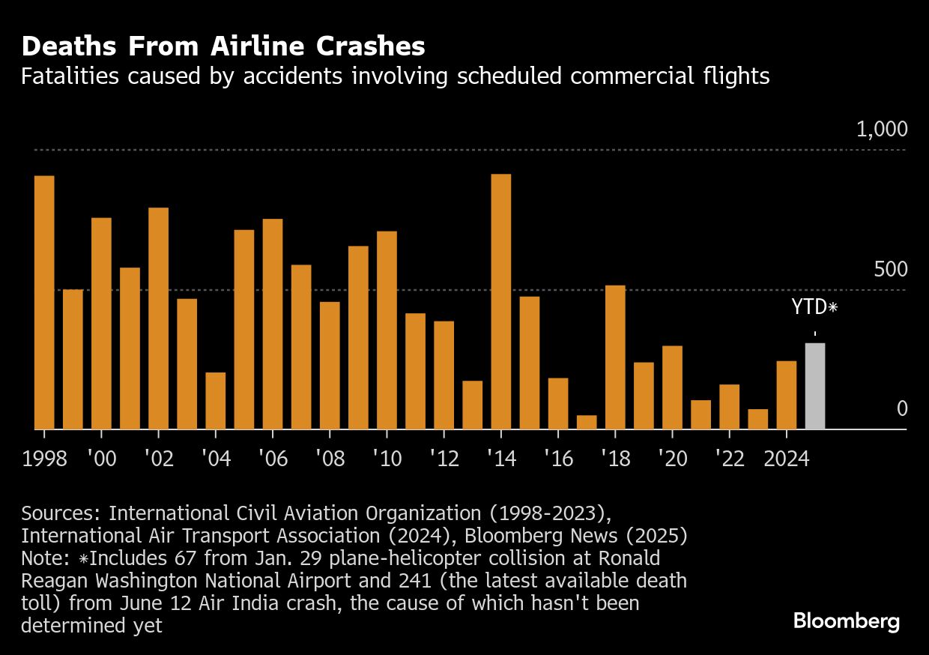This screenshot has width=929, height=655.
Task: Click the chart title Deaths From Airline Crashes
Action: pos(223,46)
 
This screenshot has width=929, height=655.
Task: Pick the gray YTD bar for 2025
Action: pos(814,386)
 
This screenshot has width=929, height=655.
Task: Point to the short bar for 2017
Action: pos(587,422)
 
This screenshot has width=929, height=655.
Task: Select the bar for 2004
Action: pos(216,400)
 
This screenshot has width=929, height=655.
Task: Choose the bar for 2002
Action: pos(158,318)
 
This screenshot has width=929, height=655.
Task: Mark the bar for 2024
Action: pos(786,395)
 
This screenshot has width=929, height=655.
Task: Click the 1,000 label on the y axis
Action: pos(882,130)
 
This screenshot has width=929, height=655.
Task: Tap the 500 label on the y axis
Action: pos(890,270)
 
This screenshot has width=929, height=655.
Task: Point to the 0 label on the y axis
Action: pos(902,408)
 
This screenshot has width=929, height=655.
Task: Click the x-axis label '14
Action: pos(500,459)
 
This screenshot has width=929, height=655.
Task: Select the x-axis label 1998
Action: pos(45,459)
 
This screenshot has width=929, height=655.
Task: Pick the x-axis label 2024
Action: pos(787,459)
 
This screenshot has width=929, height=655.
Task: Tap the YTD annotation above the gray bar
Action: pos(814,307)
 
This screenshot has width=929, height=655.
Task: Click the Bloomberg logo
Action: pos(846,621)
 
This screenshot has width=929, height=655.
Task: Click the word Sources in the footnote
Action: pos(61,513)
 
